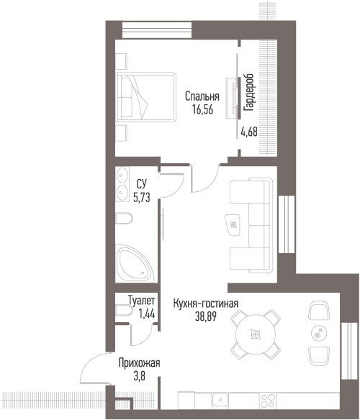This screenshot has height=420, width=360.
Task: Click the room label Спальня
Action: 202,96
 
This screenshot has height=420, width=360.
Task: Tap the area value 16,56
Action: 202,109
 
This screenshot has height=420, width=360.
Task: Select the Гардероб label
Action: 248,92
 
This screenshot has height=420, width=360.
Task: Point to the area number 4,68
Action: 249,132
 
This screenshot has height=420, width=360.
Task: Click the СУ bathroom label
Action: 142,184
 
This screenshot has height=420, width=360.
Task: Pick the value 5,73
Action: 142,197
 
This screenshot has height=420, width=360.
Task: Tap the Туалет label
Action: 141,301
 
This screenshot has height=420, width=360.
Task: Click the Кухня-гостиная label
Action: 206,303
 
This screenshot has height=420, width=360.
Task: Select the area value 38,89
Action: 206,316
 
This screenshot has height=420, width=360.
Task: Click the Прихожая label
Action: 139,363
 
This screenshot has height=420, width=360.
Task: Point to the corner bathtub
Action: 135,263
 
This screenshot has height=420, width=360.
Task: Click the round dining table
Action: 256,334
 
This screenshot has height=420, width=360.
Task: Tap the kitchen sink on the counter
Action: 220,400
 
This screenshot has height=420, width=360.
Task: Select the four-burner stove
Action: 268,400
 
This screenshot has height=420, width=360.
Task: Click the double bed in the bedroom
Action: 145,97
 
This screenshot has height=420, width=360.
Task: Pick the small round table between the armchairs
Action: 319,334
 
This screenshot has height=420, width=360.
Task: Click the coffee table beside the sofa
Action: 233,225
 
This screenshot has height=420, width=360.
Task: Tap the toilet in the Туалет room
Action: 124,311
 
